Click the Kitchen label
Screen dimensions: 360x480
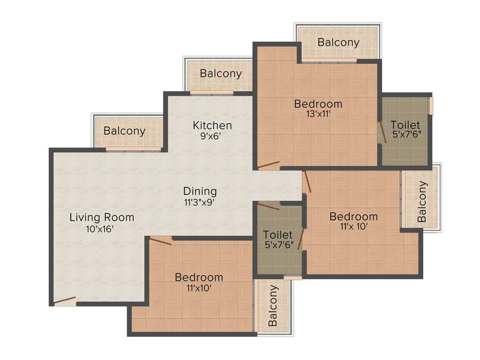[x=212, y=126]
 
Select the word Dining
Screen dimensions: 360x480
[x=200, y=191]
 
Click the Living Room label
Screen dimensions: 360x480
[x=102, y=217]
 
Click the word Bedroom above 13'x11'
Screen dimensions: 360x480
[x=318, y=104]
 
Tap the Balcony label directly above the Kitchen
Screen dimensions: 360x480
[x=221, y=74]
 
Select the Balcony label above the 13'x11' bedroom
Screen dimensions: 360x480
[x=338, y=42]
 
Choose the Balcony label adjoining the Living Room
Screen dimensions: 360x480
[x=125, y=131]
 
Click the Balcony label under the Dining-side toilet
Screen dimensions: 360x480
[x=273, y=306]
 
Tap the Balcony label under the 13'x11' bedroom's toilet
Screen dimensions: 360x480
[x=422, y=202]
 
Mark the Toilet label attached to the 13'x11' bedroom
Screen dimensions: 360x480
[x=405, y=125]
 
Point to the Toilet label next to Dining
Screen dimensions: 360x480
[x=277, y=234]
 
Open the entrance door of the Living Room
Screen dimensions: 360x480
[x=64, y=301]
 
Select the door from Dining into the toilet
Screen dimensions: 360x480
[x=269, y=206]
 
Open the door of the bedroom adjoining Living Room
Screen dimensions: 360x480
[x=160, y=241]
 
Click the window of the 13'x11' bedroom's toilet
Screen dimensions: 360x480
[x=431, y=105]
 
